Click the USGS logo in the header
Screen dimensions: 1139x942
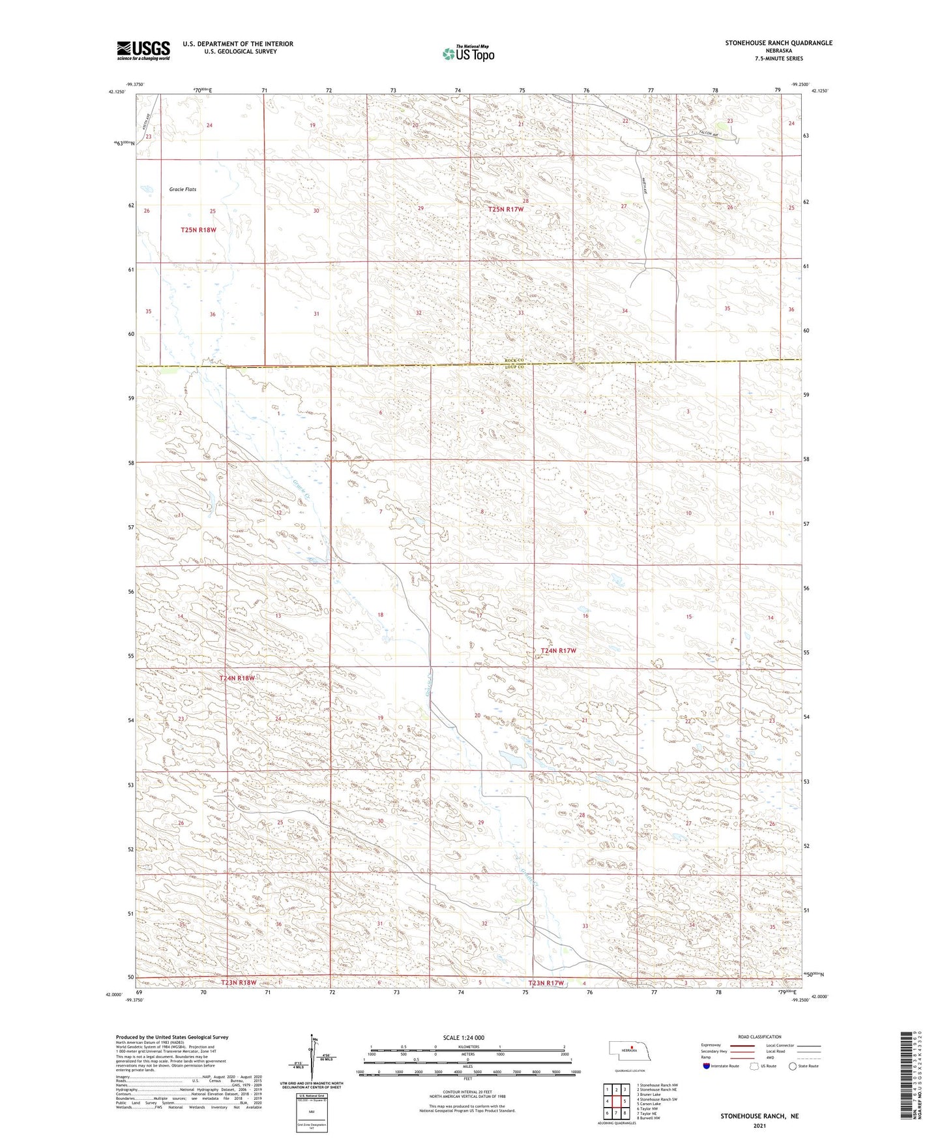(x=143, y=50)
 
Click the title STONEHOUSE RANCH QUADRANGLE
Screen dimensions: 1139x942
(x=778, y=43)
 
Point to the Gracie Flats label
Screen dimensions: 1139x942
(x=183, y=189)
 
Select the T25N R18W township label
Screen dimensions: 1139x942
(x=198, y=230)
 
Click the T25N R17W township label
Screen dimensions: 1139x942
(x=506, y=209)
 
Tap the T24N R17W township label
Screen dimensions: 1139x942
(x=559, y=650)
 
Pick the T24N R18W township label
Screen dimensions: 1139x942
(x=237, y=678)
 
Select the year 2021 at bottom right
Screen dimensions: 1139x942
(x=759, y=1125)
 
